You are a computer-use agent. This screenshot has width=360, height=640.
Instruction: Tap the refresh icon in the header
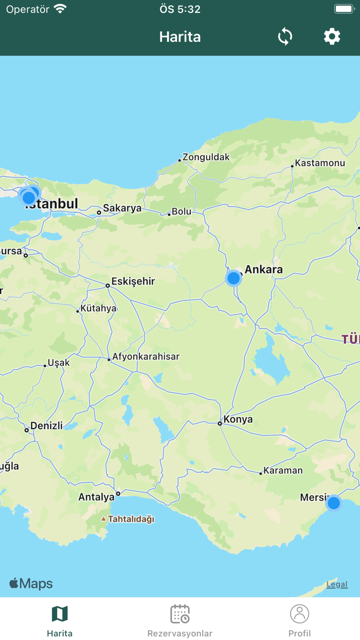pyautogui.click(x=285, y=37)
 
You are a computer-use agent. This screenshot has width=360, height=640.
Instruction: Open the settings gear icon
pyautogui.click(x=332, y=37)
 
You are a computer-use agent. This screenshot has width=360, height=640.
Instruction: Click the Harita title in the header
pyautogui.click(x=180, y=37)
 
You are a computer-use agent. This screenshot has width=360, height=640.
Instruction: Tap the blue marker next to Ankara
pyautogui.click(x=233, y=278)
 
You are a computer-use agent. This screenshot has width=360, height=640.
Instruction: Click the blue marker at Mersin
pyautogui.click(x=334, y=503)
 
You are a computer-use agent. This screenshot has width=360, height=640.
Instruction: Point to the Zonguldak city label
pyautogui.click(x=206, y=157)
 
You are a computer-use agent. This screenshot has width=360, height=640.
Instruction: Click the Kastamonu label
pyautogui.click(x=319, y=163)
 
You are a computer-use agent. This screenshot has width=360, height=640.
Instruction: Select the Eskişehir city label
pyautogui.click(x=133, y=281)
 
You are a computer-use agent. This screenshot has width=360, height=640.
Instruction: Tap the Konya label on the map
pyautogui.click(x=238, y=419)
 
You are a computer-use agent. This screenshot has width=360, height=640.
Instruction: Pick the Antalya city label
pyautogui.click(x=96, y=497)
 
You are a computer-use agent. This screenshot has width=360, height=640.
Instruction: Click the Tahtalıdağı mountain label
pyautogui.click(x=131, y=519)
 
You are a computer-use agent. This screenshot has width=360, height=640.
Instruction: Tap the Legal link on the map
pyautogui.click(x=337, y=584)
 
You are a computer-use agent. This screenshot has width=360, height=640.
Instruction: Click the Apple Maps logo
pyautogui.click(x=31, y=583)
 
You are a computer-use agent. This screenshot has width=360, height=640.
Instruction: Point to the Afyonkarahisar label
pyautogui.click(x=146, y=356)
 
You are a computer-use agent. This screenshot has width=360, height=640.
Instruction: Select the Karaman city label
pyautogui.click(x=283, y=470)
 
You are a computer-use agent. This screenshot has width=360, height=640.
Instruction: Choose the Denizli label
pyautogui.click(x=46, y=425)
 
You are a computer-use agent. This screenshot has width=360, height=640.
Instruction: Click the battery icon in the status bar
pyautogui.click(x=344, y=9)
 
